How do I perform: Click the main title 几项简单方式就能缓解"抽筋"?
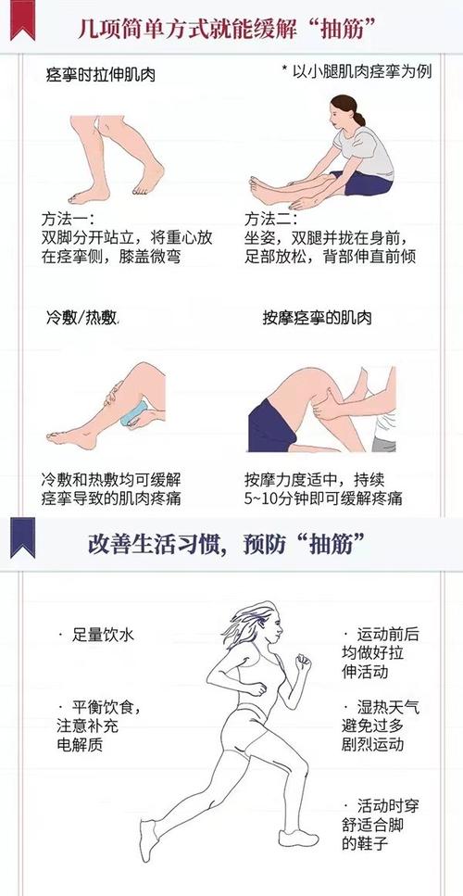point(231,27)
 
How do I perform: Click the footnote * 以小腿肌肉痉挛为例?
point(356,71)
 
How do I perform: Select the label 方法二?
point(270,219)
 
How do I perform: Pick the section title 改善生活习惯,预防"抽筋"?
point(231,541)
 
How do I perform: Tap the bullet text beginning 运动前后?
point(380,651)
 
